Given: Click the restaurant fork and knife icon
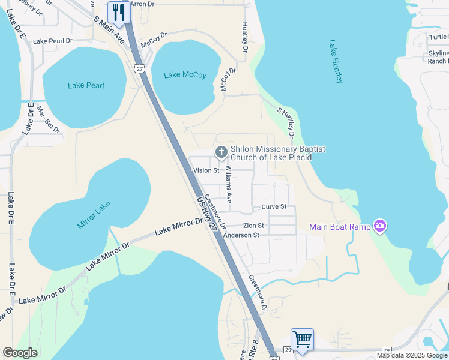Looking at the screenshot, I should (x=119, y=12).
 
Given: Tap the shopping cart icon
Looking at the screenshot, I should (x=302, y=339).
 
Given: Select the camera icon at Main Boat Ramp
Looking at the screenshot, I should (x=379, y=226).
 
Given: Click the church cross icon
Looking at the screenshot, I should (x=221, y=152).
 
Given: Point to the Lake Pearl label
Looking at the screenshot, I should (x=86, y=85).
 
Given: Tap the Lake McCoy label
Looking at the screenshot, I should (x=185, y=75).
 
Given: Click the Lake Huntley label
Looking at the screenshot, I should (x=336, y=62).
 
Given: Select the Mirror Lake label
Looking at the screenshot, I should (x=94, y=216).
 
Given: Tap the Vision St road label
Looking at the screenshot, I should (x=205, y=170).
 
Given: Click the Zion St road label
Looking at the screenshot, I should (x=253, y=226).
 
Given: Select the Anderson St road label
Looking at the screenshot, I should (x=241, y=235).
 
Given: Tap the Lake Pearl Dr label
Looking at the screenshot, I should (x=53, y=41).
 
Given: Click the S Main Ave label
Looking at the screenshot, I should (x=109, y=30).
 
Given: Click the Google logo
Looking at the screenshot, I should (x=20, y=353).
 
